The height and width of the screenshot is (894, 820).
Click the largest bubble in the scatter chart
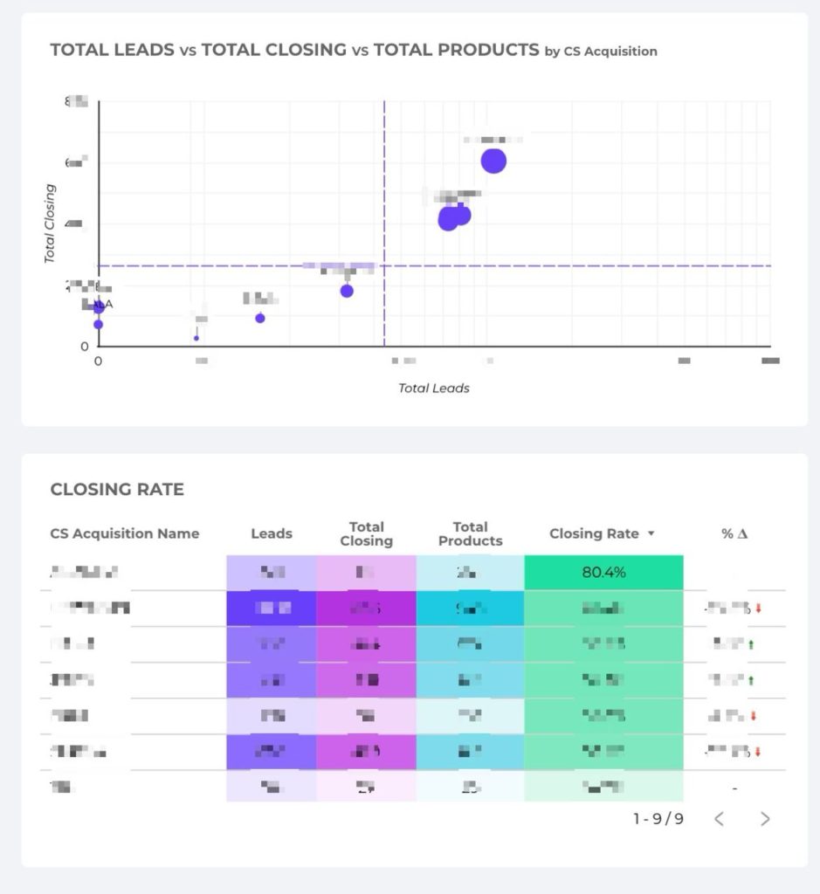click(493, 162)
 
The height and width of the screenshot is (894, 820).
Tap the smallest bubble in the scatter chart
click(196, 338)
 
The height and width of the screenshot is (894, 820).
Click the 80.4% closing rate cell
click(603, 573)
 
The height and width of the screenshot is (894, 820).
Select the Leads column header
click(272, 533)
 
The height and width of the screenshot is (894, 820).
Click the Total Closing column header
click(366, 533)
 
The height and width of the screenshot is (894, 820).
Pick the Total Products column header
click(470, 533)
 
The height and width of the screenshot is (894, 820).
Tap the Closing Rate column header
click(594, 533)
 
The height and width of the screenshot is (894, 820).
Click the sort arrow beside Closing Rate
click(651, 533)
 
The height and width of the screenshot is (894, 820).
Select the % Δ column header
click(734, 533)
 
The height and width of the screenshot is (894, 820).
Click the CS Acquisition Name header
click(125, 533)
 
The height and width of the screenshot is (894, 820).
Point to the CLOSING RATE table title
click(117, 490)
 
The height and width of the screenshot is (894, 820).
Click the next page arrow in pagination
click(765, 818)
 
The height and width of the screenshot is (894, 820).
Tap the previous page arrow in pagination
click(720, 818)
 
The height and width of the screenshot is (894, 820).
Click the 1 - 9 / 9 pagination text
click(658, 818)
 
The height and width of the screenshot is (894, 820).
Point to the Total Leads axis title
click(434, 388)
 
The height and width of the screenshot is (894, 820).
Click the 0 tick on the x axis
click(99, 360)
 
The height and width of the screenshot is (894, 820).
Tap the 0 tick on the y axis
click(85, 347)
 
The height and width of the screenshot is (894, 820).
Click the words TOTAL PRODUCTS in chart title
click(456, 50)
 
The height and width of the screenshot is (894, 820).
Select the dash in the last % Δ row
click(734, 788)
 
